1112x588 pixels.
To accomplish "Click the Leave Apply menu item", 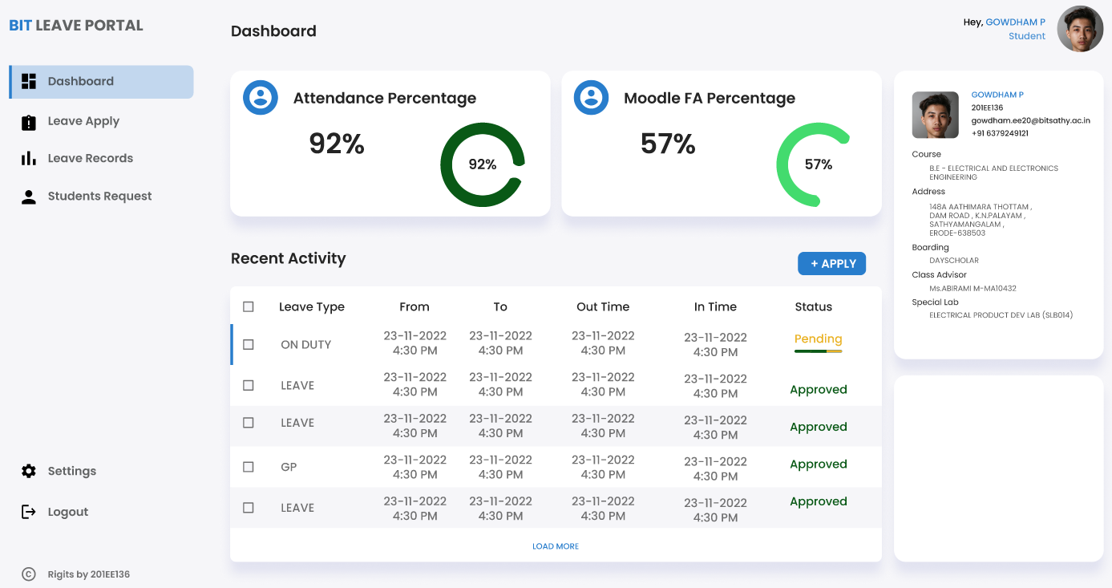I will (83, 121).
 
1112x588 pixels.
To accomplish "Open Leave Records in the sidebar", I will (90, 158).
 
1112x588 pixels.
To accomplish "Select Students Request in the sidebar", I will (99, 196).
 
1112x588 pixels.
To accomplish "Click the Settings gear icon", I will (29, 471).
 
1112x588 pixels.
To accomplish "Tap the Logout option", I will (67, 512).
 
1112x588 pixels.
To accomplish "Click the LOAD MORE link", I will (556, 546).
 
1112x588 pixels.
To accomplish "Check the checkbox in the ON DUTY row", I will (249, 344).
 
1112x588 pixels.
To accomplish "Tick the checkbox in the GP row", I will (249, 467).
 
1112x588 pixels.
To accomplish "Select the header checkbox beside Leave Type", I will (249, 306).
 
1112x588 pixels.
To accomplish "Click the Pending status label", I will (818, 339).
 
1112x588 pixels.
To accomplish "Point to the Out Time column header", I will (603, 306).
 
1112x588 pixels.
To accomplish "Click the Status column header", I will (813, 306).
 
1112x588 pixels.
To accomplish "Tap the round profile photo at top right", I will (1080, 30).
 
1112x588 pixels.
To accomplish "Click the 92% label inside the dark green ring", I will (483, 164).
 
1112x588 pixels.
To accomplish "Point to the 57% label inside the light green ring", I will (819, 164).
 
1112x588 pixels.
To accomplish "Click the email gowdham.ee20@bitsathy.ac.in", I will (1030, 120).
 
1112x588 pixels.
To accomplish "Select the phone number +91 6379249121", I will (1000, 133).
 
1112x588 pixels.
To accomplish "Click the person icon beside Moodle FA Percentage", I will (592, 98).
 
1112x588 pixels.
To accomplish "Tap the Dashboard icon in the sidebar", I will (29, 81).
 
